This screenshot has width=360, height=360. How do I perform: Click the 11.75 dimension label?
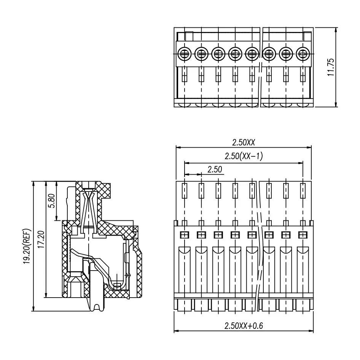(331, 67)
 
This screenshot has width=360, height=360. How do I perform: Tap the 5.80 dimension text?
(52, 201)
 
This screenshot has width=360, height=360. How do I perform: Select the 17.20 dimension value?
(41, 239)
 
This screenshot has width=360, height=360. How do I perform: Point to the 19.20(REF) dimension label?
(27, 246)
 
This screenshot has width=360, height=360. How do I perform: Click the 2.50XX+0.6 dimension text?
(244, 326)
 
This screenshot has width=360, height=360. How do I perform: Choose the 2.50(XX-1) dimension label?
(244, 156)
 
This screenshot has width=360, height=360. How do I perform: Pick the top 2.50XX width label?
(244, 143)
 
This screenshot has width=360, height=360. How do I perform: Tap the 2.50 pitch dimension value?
(215, 169)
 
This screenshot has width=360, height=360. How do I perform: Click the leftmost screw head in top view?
(184, 54)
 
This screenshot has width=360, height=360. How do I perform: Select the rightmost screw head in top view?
(303, 54)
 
